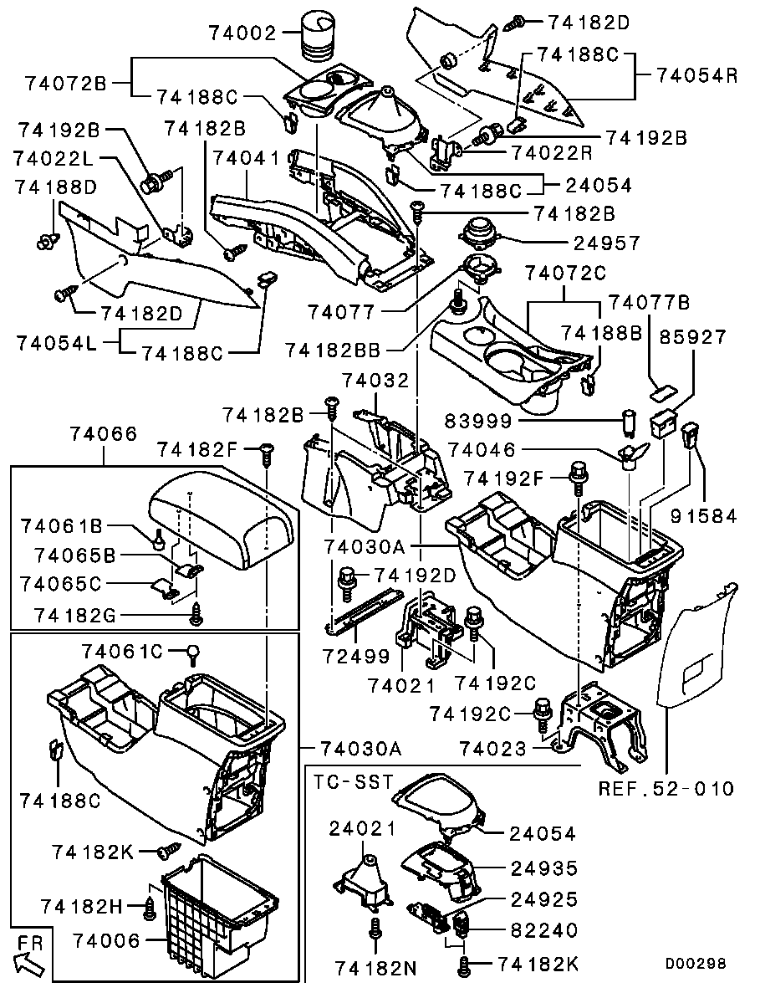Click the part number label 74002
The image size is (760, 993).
[x=242, y=34]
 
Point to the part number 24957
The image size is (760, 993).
[x=608, y=243]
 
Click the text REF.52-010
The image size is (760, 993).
[x=666, y=788]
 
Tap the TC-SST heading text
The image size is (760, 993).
[x=353, y=781]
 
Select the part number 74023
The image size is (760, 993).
[x=493, y=749]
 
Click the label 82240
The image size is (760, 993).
[x=544, y=930]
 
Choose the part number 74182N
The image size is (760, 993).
[x=376, y=968]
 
